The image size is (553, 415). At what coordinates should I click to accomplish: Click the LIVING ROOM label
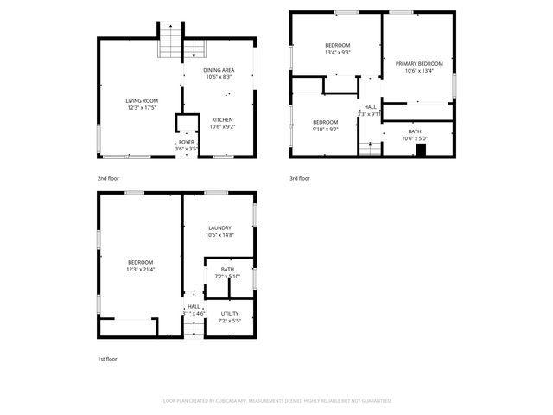point(143,101)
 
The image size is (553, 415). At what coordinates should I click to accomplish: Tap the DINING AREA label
point(219,70)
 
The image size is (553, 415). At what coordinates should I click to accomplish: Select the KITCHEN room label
point(222,119)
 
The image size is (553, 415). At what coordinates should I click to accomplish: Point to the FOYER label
point(186,142)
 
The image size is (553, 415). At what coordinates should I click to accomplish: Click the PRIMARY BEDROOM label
point(419,63)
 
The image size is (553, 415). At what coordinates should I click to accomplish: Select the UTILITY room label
point(229,314)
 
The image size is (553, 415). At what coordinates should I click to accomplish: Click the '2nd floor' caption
point(108,178)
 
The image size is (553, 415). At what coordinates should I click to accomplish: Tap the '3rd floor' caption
point(299,178)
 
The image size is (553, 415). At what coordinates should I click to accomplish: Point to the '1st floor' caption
point(107,358)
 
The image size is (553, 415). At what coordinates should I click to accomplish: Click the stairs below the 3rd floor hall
point(370,149)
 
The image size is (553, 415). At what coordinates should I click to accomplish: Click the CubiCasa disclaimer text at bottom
point(276,400)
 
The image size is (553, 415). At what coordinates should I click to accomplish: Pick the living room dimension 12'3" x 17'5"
point(143,108)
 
